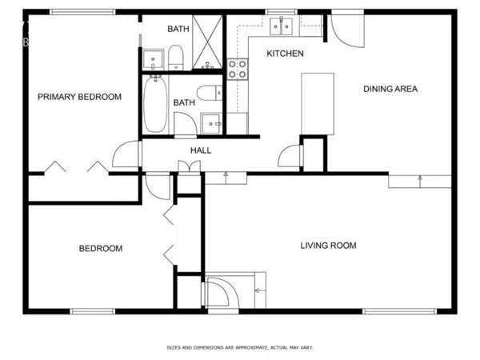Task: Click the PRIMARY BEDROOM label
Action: (80, 97)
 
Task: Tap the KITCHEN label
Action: (285, 54)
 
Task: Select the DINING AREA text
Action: (390, 89)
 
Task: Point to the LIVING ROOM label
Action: (328, 246)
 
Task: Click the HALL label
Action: (200, 150)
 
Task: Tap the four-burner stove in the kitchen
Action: (238, 69)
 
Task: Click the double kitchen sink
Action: (281, 27)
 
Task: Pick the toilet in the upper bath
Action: (174, 57)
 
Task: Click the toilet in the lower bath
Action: (208, 93)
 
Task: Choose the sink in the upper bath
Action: (153, 58)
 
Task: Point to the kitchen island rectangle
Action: (317, 103)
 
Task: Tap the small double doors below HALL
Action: (189, 166)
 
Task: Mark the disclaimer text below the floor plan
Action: (239, 348)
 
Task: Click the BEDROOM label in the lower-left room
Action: (101, 249)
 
